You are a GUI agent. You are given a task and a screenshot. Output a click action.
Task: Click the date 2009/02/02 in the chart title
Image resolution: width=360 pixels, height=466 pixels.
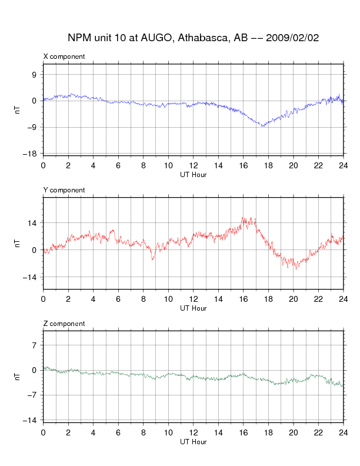292,38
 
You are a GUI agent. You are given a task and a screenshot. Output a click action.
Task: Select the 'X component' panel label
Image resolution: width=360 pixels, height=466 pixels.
64,56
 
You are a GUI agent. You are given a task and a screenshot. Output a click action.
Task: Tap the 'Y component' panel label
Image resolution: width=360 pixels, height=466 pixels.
64,190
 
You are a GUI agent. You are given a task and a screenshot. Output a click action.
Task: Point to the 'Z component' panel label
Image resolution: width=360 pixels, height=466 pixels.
64,324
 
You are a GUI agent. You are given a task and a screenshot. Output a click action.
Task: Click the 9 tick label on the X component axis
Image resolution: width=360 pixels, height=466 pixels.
34,74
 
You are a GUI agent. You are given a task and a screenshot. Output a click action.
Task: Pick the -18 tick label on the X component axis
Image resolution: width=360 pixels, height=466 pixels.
29,154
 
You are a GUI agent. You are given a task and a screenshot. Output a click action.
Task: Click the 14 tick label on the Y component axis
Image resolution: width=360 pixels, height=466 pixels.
32,222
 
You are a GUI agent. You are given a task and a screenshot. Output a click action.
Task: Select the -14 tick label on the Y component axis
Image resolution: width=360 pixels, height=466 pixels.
29,277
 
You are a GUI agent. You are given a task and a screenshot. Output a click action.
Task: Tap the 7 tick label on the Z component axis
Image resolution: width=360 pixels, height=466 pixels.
35,345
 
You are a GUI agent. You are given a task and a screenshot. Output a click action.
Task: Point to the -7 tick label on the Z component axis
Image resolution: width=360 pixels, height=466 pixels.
32,395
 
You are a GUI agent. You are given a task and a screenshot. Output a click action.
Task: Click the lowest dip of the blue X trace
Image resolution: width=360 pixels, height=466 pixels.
262,127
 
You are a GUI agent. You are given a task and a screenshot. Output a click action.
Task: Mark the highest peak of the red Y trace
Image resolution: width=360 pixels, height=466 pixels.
242,218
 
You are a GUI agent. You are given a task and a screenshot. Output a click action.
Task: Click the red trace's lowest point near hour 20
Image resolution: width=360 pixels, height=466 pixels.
296,269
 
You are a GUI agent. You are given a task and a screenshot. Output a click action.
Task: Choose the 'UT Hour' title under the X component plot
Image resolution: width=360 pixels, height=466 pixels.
194,175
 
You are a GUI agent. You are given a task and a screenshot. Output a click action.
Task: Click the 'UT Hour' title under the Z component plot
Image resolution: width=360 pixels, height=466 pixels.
194,442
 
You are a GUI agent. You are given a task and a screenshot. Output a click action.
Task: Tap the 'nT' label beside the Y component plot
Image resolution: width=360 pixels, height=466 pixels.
18,244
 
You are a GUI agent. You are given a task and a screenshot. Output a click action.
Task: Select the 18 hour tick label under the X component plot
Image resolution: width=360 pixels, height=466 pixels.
268,165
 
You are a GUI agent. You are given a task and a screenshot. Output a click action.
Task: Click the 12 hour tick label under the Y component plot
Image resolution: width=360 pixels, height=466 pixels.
194,299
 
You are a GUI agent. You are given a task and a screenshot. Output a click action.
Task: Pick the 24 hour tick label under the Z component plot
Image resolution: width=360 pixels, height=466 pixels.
344,432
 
